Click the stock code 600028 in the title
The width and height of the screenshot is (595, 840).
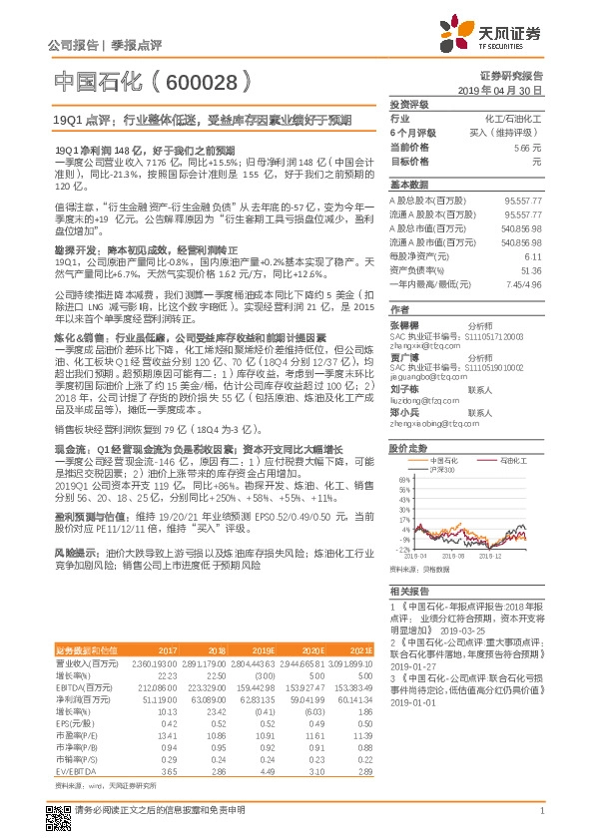click(x=196, y=81)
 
